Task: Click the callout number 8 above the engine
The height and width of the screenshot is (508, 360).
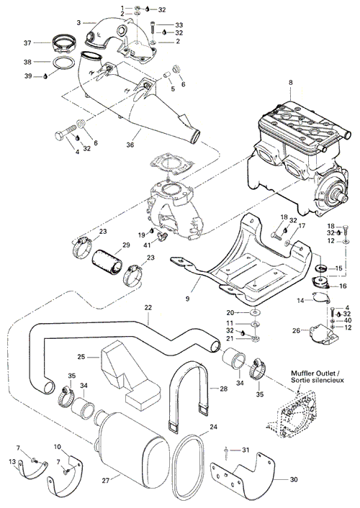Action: [291, 83]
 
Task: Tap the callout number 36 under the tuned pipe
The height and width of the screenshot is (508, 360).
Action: [130, 145]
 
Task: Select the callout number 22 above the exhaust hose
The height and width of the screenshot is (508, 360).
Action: [148, 307]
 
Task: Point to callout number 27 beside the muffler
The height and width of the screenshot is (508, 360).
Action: [106, 481]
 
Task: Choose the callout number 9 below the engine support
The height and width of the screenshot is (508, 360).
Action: [187, 299]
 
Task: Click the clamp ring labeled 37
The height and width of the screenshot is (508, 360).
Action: [65, 45]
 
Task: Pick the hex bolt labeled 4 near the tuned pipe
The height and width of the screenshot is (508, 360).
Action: [65, 134]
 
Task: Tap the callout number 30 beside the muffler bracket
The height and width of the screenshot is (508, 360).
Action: [294, 479]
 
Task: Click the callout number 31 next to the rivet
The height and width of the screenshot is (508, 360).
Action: [246, 450]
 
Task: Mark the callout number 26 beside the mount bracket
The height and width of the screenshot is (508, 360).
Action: [296, 331]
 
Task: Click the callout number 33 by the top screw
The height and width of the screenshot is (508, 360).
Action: [179, 25]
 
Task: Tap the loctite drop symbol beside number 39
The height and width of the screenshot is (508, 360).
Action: [45, 76]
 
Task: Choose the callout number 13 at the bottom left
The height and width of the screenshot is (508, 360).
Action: [12, 462]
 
